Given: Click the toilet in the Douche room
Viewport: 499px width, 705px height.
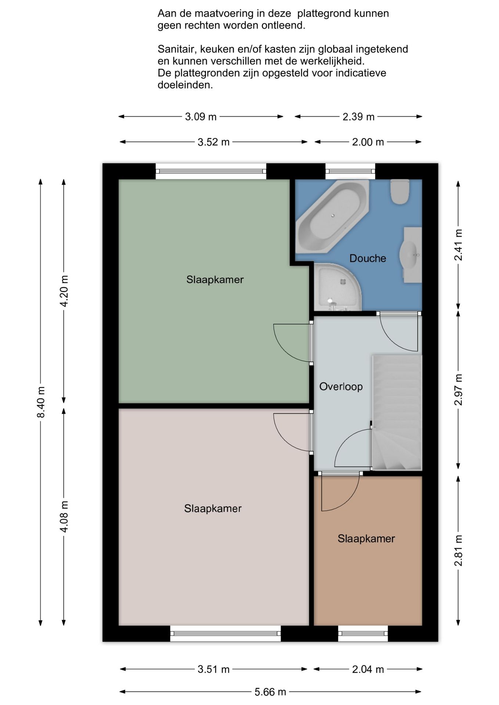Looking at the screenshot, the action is click(x=400, y=191).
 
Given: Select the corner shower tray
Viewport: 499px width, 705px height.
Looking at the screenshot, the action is click(x=337, y=287).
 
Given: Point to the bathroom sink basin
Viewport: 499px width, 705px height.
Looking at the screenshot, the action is click(x=410, y=255).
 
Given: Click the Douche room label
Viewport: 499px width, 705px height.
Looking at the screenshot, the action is click(x=367, y=258).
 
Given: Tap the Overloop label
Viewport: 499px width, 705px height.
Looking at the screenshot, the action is click(x=341, y=386).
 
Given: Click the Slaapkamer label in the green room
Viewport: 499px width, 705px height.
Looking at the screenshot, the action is click(x=215, y=279).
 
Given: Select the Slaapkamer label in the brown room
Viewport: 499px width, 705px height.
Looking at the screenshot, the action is click(x=366, y=538).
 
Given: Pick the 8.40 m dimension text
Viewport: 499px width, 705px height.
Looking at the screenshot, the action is click(x=40, y=402).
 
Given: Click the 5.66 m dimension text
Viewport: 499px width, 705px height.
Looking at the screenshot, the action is click(x=270, y=692).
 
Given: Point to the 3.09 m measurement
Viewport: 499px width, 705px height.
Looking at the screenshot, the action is click(x=201, y=117).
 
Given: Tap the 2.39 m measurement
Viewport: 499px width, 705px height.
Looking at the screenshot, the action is click(x=358, y=117).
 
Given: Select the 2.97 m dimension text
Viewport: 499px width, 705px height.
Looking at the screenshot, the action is click(x=458, y=390).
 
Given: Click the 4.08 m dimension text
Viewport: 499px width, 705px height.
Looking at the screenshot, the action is click(x=64, y=517).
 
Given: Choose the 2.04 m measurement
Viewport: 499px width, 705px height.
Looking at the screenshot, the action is click(x=368, y=669).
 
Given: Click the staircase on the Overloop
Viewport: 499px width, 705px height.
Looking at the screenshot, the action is click(x=397, y=412).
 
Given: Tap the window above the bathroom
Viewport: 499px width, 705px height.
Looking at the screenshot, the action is click(x=350, y=171).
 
